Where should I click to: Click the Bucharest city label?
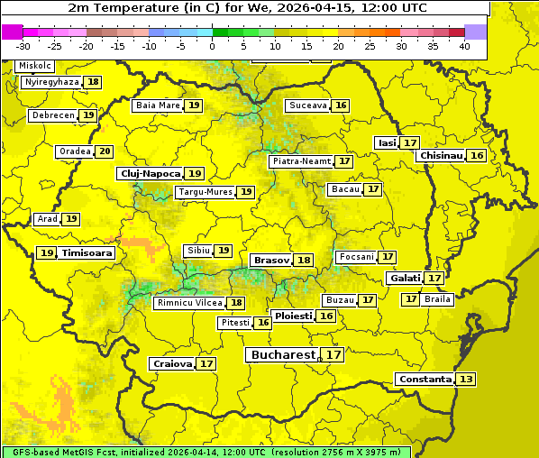pyautogui.click(x=283, y=355)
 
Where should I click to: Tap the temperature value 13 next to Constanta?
pyautogui.click(x=466, y=380)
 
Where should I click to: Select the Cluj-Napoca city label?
pyautogui.click(x=150, y=173)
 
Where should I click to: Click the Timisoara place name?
pyautogui.click(x=87, y=253)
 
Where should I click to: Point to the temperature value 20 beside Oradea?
pyautogui.click(x=105, y=151)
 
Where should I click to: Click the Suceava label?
pyautogui.click(x=307, y=105)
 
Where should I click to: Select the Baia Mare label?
pyautogui.click(x=158, y=105)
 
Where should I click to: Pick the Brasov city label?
pyautogui.click(x=271, y=261)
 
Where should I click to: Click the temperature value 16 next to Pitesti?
pyautogui.click(x=263, y=323)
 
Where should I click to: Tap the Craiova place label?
pyautogui.click(x=172, y=364)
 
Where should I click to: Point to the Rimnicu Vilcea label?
pyautogui.click(x=189, y=303)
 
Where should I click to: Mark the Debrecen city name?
pyautogui.click(x=52, y=115)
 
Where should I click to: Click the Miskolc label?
pyautogui.click(x=35, y=66)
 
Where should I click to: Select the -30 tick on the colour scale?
pyautogui.click(x=23, y=45)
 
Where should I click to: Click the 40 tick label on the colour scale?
pyautogui.click(x=464, y=45)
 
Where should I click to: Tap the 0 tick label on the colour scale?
pyautogui.click(x=212, y=45)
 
